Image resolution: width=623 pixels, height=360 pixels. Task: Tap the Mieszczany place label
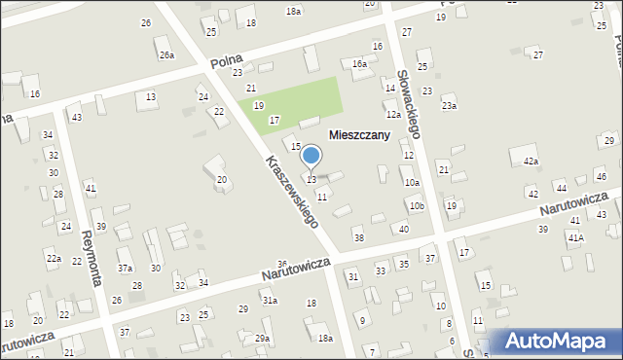pos(359,135)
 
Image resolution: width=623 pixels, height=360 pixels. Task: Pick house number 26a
pos(166,55)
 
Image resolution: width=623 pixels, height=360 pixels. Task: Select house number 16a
pos(360,63)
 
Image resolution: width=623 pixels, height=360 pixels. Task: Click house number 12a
pos(393,114)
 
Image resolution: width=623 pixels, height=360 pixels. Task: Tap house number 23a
pos(449,105)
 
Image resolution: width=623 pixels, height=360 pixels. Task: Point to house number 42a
pos(531,161)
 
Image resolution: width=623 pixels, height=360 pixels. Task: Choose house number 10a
pos(412,182)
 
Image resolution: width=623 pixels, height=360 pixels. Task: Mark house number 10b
pos(417,206)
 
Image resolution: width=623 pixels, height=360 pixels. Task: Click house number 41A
pos(576,237)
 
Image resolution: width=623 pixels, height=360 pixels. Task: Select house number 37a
pos(126,268)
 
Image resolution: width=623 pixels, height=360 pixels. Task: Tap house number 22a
pos(54,259)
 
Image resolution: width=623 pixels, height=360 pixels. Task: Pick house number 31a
pos(270,301)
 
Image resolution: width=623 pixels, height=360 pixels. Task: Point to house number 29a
pos(262,338)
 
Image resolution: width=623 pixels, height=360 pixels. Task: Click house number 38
pos(358,237)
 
